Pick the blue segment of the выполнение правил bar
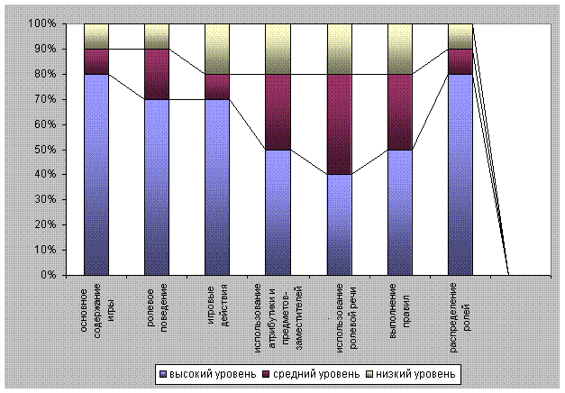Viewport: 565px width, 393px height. [400, 212]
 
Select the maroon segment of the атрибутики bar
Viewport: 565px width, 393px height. [278, 112]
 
